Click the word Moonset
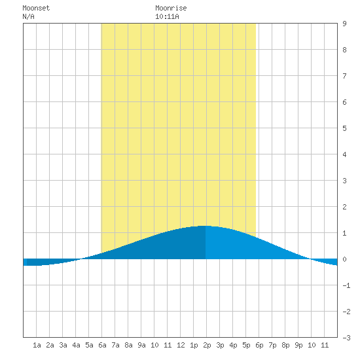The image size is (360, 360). click(36, 8)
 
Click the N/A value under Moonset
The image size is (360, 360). click(28, 16)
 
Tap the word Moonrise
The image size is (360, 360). click(171, 8)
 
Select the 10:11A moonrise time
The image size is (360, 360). click(167, 16)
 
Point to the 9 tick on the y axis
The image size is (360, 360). click(344, 24)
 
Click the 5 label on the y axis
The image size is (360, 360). click(344, 128)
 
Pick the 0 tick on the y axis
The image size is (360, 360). click(344, 259)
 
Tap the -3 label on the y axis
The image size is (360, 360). click(346, 338)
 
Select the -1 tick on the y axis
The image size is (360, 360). click(346, 285)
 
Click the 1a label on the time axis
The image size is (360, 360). click(37, 345)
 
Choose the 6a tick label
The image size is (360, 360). click(102, 345)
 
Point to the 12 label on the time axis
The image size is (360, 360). click(181, 345)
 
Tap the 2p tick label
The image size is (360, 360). click(207, 345)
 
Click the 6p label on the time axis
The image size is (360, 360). click(259, 345)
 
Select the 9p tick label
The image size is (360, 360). click(298, 345)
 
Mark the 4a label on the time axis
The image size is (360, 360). click(76, 345)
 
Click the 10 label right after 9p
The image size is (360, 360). click(312, 345)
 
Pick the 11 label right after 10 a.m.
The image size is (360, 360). click(168, 345)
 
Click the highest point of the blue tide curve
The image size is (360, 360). click(204, 226)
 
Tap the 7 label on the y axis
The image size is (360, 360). click(344, 76)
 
